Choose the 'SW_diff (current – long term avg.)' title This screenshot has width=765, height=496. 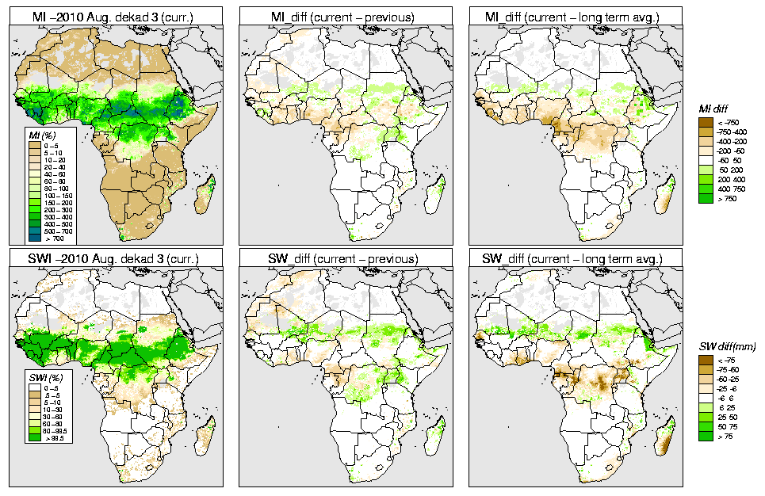pos(577,259)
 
